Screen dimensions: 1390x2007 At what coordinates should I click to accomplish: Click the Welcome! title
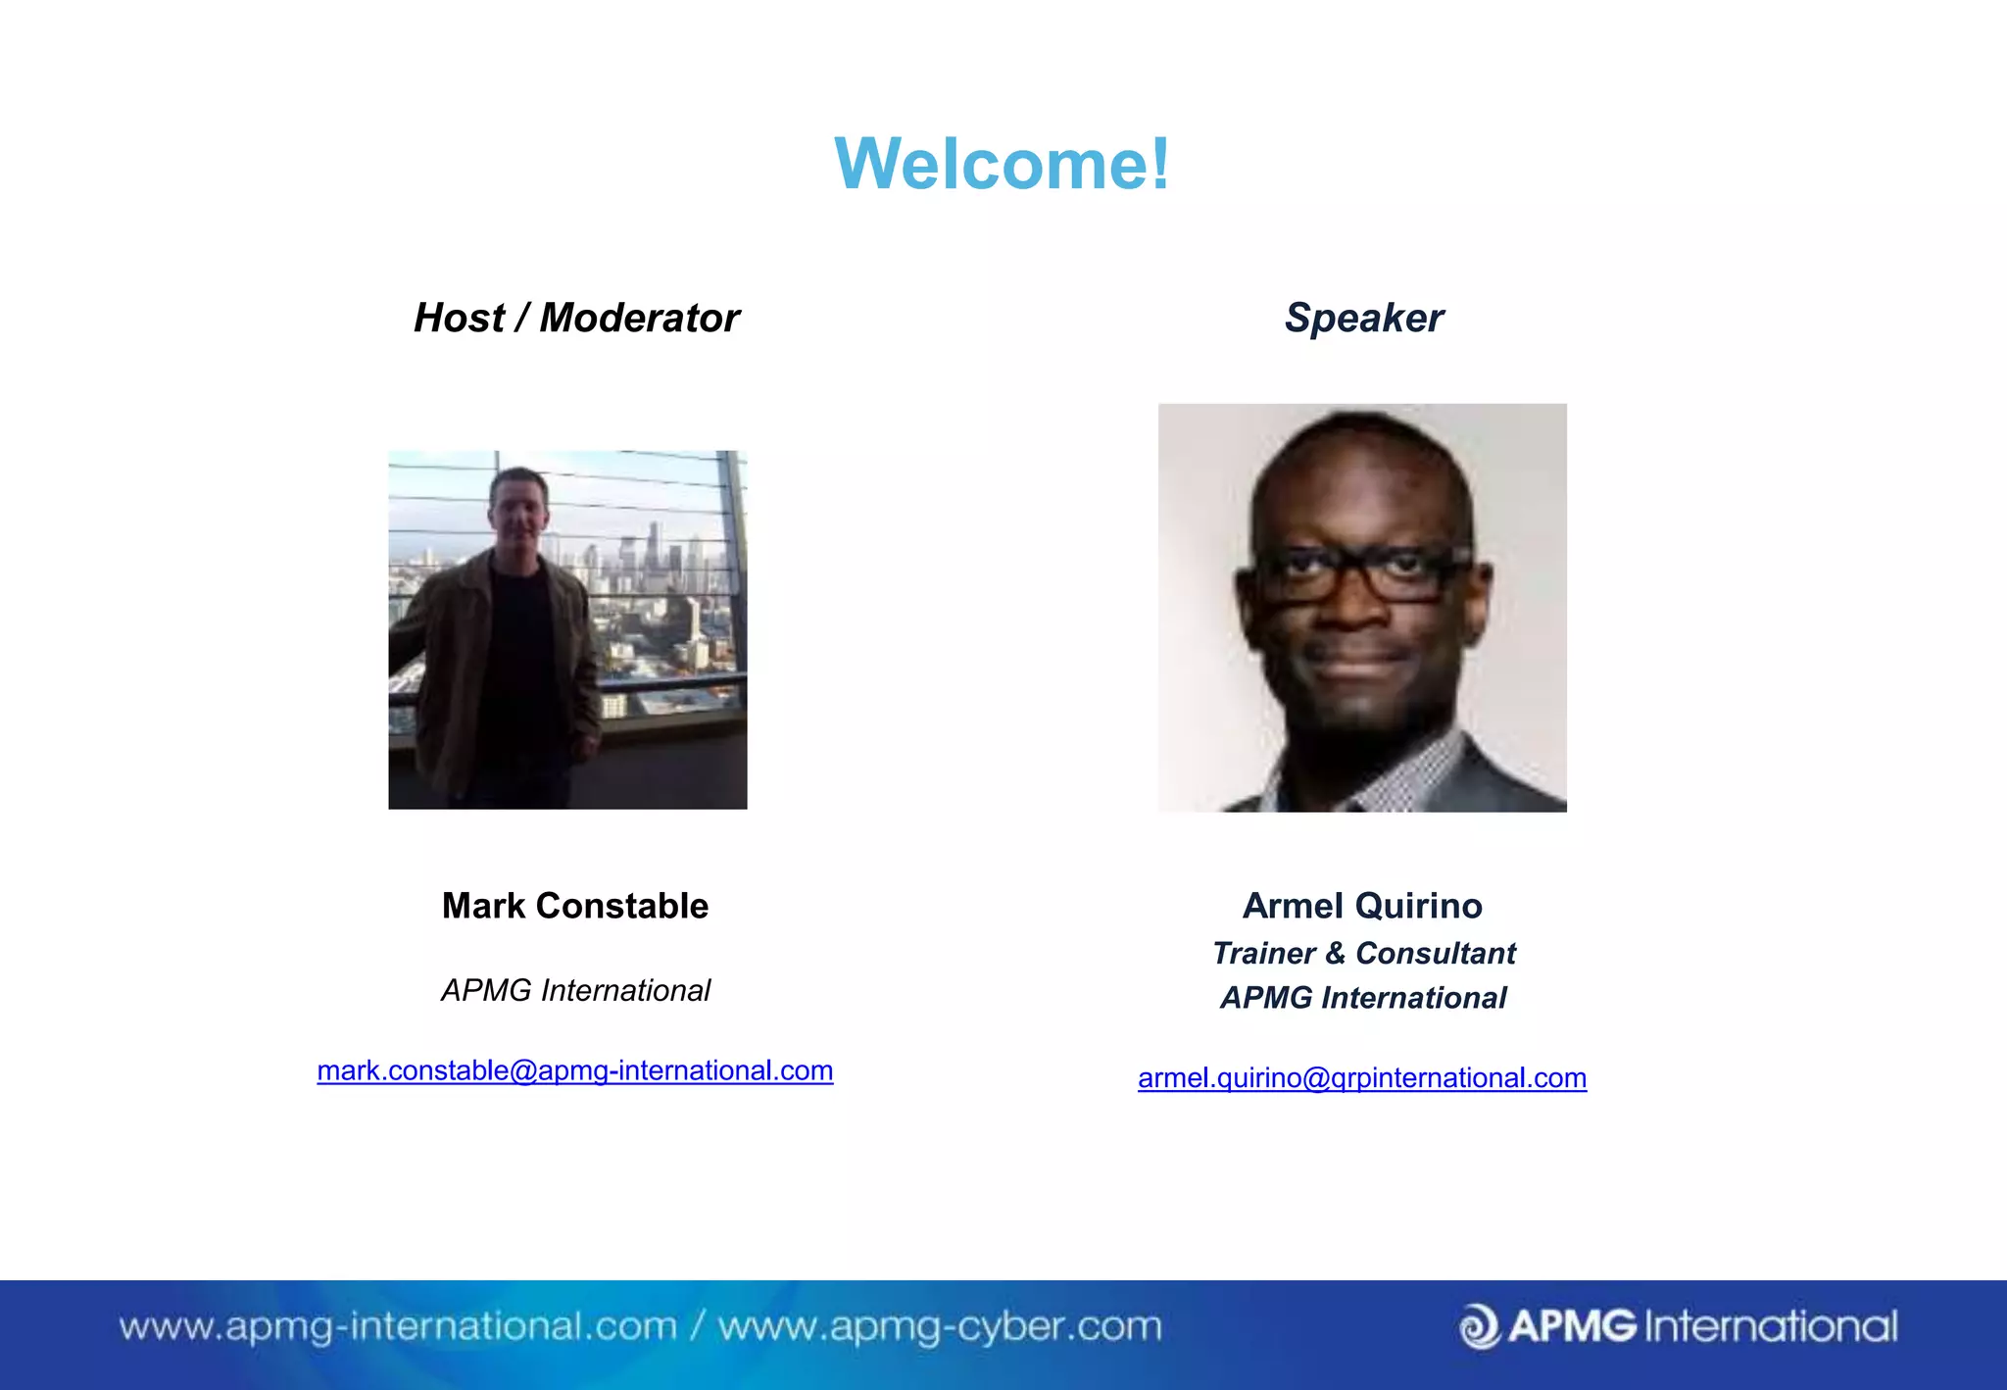(x=1002, y=164)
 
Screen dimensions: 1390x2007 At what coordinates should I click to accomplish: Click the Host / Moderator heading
(x=576, y=318)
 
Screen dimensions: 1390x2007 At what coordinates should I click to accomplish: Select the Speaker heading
(x=1363, y=318)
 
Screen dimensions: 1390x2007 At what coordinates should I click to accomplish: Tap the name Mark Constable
(x=575, y=906)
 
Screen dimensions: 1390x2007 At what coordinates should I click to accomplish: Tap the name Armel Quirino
(x=1362, y=906)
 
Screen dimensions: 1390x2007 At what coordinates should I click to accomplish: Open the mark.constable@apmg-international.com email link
(x=575, y=1070)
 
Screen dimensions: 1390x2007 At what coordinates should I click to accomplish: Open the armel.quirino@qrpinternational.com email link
(x=1362, y=1078)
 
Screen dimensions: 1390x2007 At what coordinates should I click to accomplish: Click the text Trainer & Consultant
(x=1363, y=953)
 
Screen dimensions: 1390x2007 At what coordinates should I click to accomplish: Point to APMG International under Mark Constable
(x=575, y=990)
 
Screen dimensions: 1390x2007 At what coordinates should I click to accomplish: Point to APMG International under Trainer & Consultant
(x=1363, y=998)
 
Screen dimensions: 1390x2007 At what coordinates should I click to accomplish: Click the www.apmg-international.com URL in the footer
(x=398, y=1326)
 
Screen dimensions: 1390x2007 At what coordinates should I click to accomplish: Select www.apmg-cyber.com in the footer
(x=940, y=1326)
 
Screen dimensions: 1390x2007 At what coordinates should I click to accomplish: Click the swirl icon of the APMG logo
(x=1479, y=1326)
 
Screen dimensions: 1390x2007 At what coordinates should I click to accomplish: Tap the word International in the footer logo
(x=1771, y=1326)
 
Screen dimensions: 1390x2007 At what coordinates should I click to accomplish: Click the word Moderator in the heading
(x=639, y=318)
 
